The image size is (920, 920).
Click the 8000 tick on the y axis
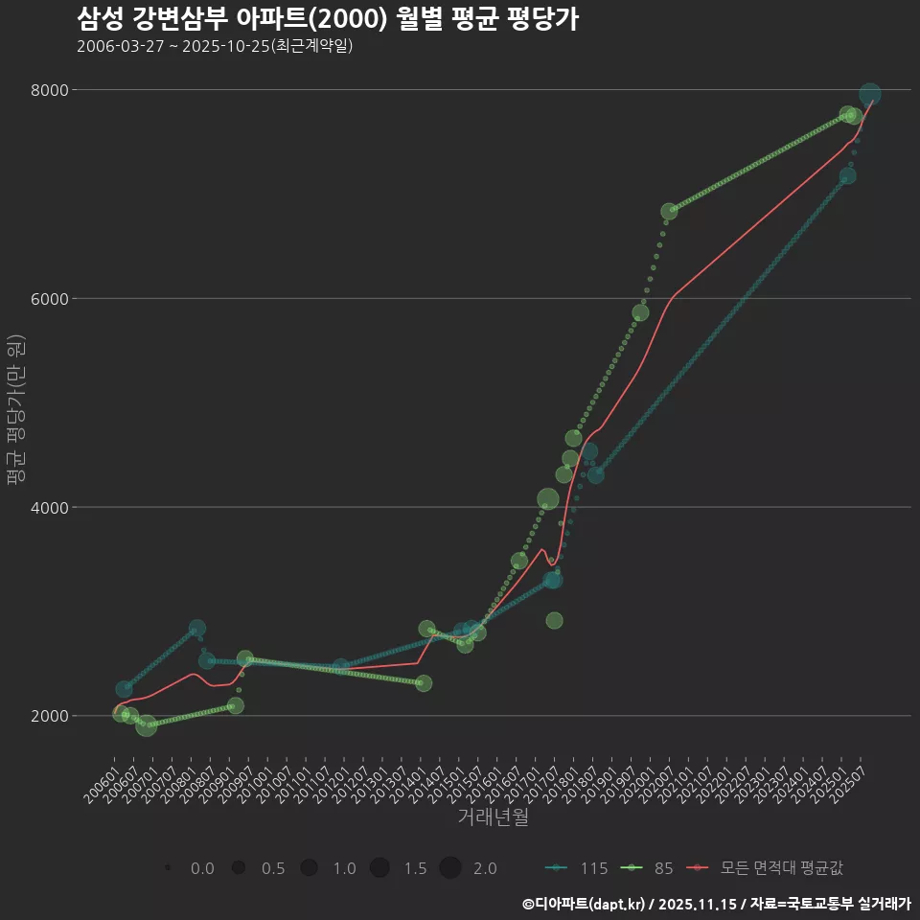[x=52, y=90]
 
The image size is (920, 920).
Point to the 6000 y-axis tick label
[x=52, y=298]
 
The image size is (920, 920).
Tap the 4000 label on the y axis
[x=52, y=507]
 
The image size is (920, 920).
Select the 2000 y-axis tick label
[x=52, y=716]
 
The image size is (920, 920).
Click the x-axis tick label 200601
[x=102, y=793]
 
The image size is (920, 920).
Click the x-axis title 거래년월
[x=493, y=817]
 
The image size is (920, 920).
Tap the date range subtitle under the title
[x=215, y=46]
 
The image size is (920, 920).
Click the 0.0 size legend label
[x=202, y=868]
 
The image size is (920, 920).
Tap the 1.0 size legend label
[x=344, y=868]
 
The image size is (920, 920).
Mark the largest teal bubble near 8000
[x=869, y=94]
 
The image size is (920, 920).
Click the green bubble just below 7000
[x=669, y=212]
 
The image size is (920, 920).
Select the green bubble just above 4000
[x=548, y=499]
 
